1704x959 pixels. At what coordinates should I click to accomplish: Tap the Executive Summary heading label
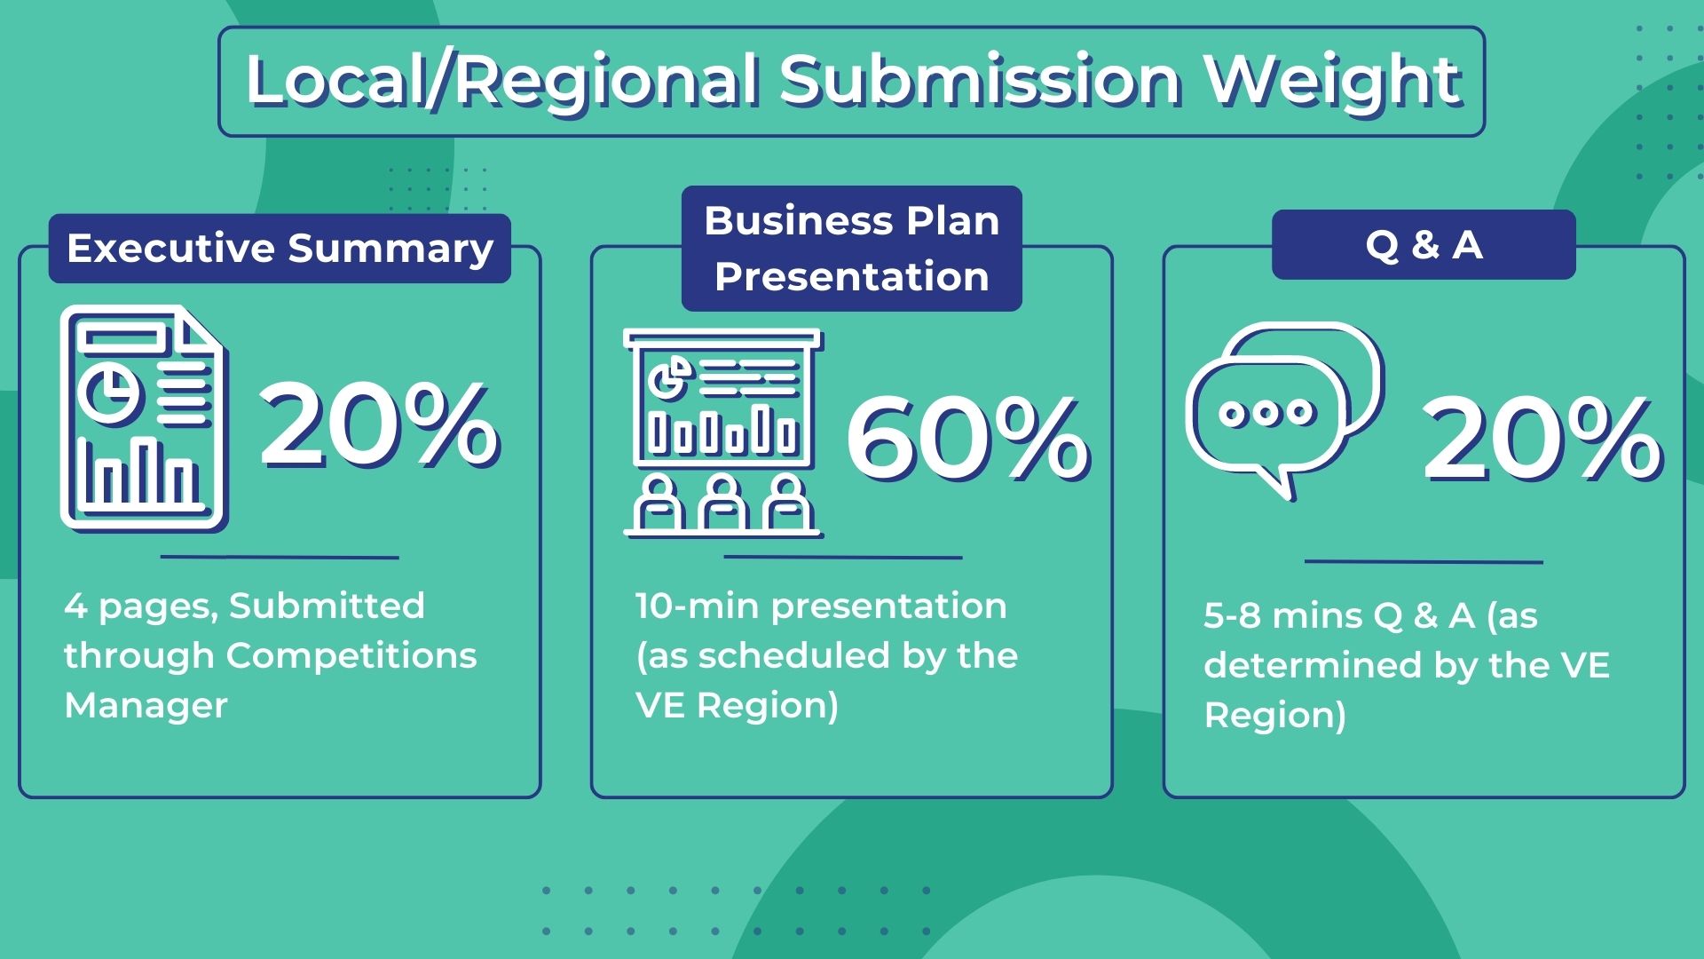tap(280, 249)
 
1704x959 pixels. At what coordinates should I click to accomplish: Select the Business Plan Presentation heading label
tap(851, 249)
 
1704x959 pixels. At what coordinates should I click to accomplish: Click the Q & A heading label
tap(1424, 245)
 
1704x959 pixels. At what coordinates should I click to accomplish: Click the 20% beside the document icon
tap(379, 424)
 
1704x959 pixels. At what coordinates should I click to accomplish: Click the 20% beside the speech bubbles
tap(1542, 439)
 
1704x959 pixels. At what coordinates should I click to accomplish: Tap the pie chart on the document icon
tap(109, 390)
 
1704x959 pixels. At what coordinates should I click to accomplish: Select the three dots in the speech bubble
tap(1266, 413)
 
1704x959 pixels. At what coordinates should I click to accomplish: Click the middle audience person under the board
tap(722, 504)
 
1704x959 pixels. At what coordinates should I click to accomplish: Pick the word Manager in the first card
tap(146, 706)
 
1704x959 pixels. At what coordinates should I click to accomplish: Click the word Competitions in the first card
tap(351, 656)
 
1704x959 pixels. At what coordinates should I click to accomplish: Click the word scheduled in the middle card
tap(794, 656)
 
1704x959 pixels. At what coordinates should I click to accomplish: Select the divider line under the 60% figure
tap(843, 558)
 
